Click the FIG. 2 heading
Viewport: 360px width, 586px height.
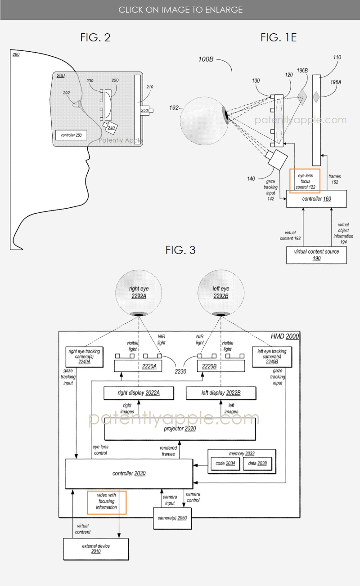[95, 38]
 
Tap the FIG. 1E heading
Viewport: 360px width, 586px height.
[278, 38]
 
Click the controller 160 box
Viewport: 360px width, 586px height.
[316, 198]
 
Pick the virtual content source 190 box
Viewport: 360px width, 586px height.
[316, 255]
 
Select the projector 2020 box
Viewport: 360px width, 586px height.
[180, 429]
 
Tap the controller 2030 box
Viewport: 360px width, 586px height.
[129, 474]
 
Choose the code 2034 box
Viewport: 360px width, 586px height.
[225, 464]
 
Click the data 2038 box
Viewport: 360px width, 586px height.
[257, 464]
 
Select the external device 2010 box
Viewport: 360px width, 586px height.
[96, 548]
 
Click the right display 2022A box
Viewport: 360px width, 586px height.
[139, 393]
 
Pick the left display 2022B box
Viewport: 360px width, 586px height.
[221, 393]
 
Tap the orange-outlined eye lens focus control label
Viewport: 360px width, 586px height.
[305, 181]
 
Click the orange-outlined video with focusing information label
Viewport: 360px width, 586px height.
[107, 501]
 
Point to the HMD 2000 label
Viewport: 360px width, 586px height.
[284, 336]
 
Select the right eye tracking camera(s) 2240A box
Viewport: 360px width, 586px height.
[84, 356]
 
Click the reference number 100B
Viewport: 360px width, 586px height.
[207, 59]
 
